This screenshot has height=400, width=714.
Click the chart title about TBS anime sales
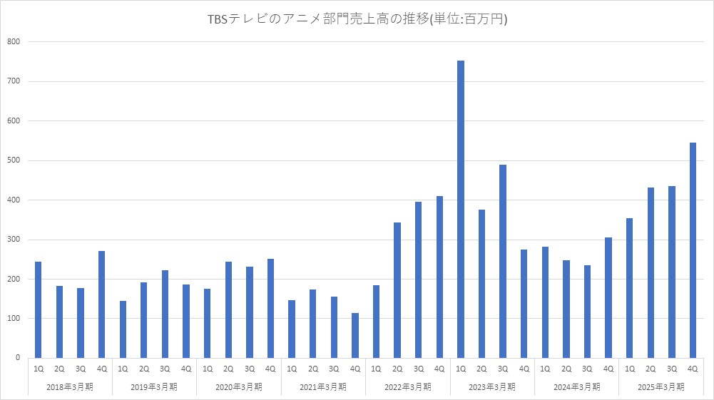357,20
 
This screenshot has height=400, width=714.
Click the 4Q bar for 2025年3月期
693,250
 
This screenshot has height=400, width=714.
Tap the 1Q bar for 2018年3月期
39,309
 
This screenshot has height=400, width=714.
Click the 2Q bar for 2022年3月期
397,289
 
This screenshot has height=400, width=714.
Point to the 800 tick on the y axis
14,42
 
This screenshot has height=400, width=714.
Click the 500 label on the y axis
14,160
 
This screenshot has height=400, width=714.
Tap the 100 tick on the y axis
14,318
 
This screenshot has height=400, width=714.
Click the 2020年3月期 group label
239,387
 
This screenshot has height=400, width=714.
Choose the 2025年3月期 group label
661,387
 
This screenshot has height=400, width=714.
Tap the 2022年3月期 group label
408,387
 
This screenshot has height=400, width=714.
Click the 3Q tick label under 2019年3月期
165,369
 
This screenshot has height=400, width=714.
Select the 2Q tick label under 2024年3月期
566,369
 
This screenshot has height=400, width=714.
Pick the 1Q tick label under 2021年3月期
292,369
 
